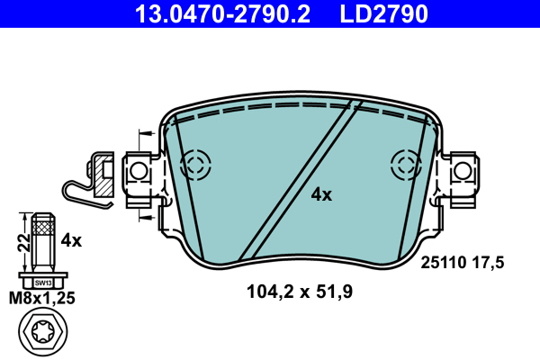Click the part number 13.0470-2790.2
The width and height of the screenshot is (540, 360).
pyautogui.click(x=230, y=13)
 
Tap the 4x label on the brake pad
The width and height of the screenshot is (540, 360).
pyautogui.click(x=321, y=194)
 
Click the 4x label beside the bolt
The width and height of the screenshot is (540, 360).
pyautogui.click(x=71, y=240)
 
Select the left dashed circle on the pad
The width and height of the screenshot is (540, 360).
pyautogui.click(x=194, y=165)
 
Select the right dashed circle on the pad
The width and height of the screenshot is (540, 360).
pyautogui.click(x=406, y=165)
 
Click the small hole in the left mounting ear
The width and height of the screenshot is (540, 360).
pyautogui.click(x=139, y=169)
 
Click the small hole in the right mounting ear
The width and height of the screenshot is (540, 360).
pyautogui.click(x=462, y=169)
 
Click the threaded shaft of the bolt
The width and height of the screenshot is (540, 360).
pyautogui.click(x=43, y=238)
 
